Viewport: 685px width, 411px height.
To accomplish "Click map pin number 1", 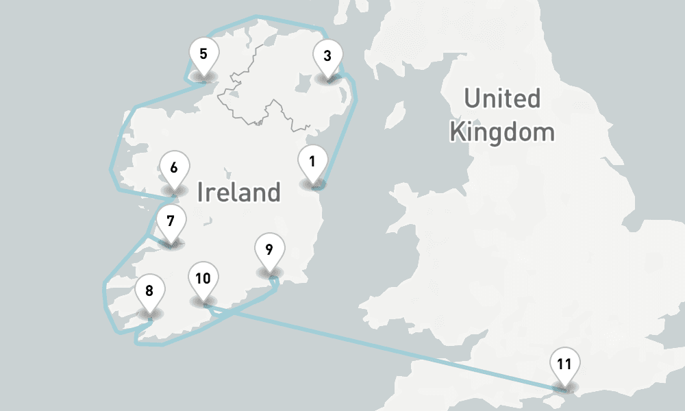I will click(x=312, y=164).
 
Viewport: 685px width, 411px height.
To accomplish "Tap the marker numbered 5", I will click(x=203, y=55).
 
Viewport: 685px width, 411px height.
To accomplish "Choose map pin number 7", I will click(x=171, y=223).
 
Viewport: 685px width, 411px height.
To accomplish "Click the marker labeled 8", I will click(x=149, y=291).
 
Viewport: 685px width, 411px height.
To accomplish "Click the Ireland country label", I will click(x=238, y=192).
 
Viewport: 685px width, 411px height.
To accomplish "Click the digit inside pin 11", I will click(x=564, y=364).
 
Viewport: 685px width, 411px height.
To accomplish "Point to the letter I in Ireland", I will click(x=200, y=192).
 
